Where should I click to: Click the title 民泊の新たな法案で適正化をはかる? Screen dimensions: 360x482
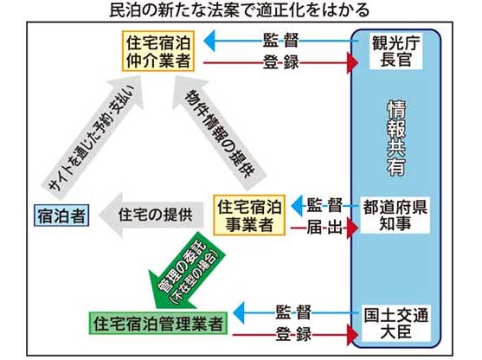click(x=240, y=10)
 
